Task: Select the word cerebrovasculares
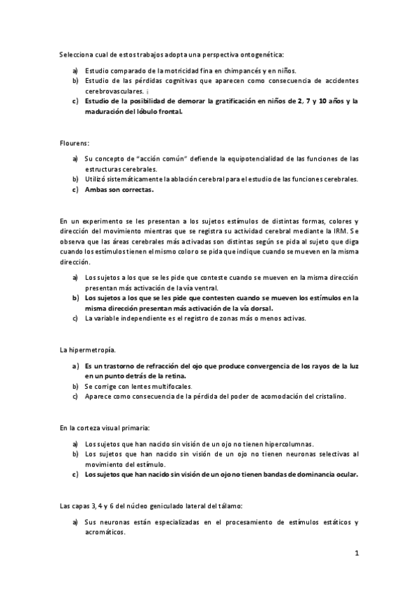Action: pyautogui.click(x=114, y=91)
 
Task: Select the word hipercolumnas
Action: pyautogui.click(x=283, y=444)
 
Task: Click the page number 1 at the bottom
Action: pyautogui.click(x=356, y=554)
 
